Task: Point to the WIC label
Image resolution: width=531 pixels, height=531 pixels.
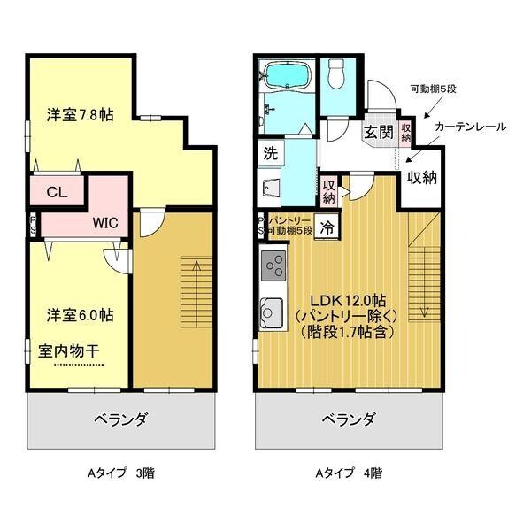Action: click(x=106, y=223)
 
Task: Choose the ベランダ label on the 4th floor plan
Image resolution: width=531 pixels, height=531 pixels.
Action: click(x=348, y=419)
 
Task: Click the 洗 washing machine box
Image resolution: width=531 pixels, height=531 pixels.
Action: click(x=270, y=152)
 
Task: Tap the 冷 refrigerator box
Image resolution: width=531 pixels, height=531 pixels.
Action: click(x=327, y=226)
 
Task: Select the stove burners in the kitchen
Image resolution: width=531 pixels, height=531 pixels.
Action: click(x=273, y=265)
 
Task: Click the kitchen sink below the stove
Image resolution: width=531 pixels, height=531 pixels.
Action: click(x=272, y=312)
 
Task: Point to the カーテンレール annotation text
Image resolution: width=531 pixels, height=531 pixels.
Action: click(x=469, y=127)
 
